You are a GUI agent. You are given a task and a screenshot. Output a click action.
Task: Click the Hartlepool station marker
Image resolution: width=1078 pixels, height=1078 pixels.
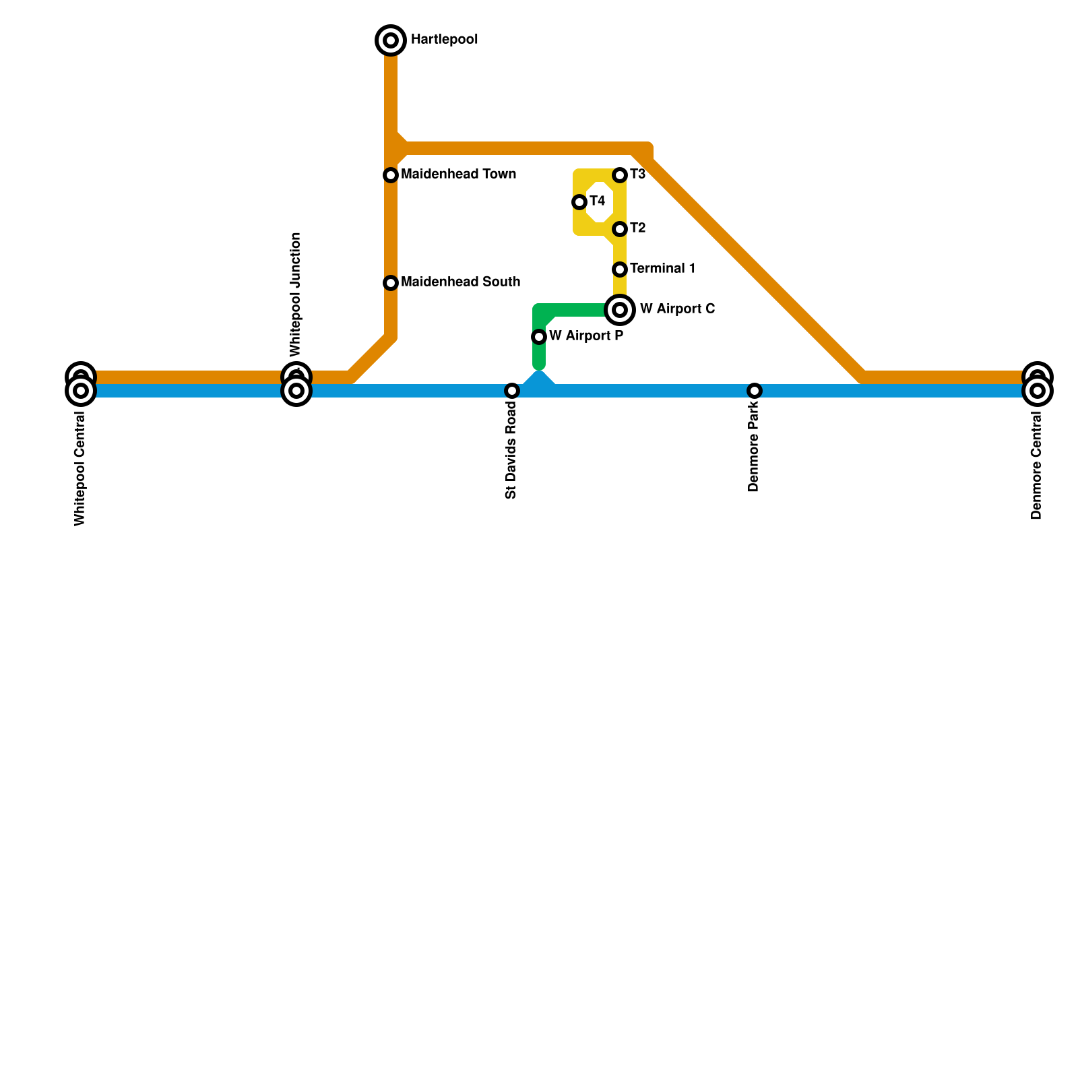(391, 40)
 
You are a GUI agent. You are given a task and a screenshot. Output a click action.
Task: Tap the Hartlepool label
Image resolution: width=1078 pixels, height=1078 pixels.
(444, 40)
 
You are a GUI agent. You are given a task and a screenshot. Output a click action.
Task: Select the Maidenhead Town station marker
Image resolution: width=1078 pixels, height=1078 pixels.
(391, 175)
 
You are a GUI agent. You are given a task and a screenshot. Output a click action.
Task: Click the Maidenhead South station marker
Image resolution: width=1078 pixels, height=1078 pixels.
(391, 283)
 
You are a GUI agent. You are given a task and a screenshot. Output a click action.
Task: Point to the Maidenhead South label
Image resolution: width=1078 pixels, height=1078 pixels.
(460, 282)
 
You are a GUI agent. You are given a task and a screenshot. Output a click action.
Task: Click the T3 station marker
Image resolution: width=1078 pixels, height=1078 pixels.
(620, 175)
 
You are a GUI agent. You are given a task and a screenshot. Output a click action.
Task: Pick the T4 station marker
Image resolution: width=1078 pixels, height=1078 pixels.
(579, 202)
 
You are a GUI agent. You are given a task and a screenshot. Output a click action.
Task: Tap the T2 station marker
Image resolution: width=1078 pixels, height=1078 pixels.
(620, 229)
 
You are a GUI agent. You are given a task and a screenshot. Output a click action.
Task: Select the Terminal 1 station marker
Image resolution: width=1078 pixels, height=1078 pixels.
(620, 269)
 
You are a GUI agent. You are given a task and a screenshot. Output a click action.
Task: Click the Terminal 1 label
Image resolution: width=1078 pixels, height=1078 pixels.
(663, 269)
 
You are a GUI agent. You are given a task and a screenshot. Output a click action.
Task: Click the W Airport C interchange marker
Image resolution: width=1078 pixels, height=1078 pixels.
(620, 310)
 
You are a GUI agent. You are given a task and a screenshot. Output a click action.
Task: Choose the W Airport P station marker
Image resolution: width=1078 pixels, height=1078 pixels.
(539, 337)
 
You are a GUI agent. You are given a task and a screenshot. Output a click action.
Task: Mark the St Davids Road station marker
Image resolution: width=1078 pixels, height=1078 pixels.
(512, 391)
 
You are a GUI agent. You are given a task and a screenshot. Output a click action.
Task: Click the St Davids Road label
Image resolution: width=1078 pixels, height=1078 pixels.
(511, 451)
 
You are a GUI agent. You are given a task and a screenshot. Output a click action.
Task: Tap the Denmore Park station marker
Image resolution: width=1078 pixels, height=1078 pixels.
(755, 391)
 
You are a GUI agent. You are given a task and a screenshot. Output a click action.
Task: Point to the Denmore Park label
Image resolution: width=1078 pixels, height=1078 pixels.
(753, 447)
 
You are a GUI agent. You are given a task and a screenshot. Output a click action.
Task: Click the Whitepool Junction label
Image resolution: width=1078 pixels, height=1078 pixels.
(295, 294)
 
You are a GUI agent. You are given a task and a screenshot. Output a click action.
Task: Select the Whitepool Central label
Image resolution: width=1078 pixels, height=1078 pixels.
(80, 469)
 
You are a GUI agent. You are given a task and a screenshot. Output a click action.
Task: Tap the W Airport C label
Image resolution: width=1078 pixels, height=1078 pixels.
(677, 309)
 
